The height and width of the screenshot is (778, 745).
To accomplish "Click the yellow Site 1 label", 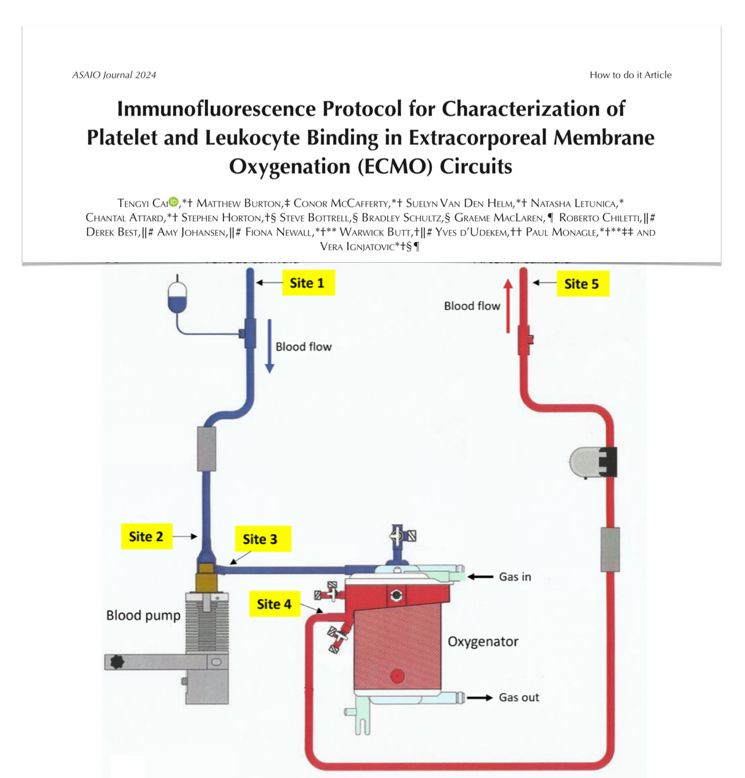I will click(308, 283).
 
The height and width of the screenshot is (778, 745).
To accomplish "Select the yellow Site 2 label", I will click(146, 537).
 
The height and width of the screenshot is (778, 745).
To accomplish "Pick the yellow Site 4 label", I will click(274, 604).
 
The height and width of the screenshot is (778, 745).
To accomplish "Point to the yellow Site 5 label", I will click(582, 284).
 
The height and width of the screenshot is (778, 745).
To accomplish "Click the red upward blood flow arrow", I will click(508, 306).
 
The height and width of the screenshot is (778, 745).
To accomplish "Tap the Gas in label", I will click(515, 576).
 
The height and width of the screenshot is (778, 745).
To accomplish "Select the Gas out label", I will click(519, 698).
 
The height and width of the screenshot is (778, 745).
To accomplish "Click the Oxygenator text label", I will click(483, 642).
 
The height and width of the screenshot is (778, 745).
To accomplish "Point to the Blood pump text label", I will click(143, 616).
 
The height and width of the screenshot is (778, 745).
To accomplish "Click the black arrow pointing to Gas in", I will click(480, 576).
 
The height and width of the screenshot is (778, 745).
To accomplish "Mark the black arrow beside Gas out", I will click(479, 698).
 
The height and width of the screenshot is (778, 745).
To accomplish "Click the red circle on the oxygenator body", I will click(397, 675).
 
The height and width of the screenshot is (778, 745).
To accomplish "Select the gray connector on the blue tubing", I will click(207, 449).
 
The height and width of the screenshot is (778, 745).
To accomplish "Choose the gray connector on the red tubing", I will click(610, 549).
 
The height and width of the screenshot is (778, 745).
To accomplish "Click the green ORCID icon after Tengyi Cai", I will click(173, 202).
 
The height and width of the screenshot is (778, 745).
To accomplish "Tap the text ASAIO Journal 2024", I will click(114, 75).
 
